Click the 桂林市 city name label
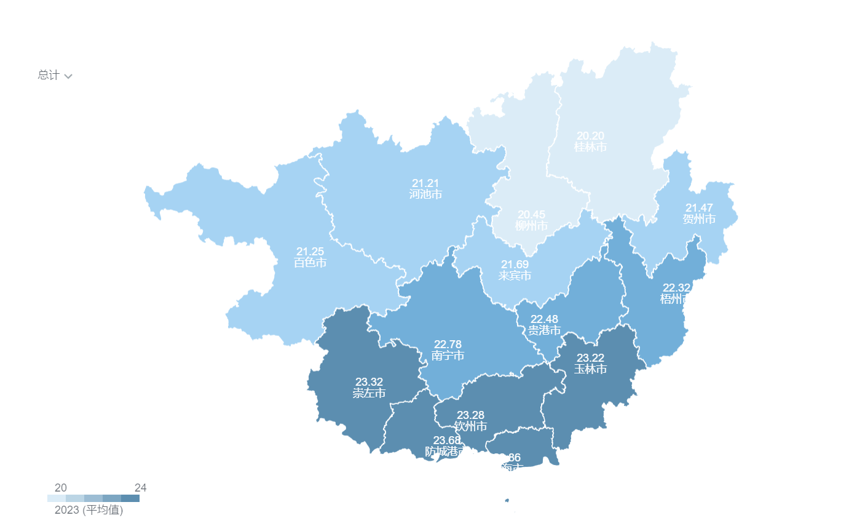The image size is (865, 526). pyautogui.click(x=590, y=147)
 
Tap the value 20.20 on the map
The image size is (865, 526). pyautogui.click(x=590, y=136)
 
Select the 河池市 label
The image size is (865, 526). pyautogui.click(x=425, y=194)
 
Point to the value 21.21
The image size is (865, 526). pyautogui.click(x=425, y=183)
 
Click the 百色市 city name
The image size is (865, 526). pyautogui.click(x=310, y=263)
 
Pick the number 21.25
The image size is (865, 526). pyautogui.click(x=310, y=252)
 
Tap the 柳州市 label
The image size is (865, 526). pyautogui.click(x=531, y=226)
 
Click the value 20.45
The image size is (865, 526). pyautogui.click(x=531, y=215)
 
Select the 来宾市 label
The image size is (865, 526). pyautogui.click(x=515, y=276)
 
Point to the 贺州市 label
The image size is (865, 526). pyautogui.click(x=699, y=219)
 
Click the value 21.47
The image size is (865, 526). pyautogui.click(x=699, y=208)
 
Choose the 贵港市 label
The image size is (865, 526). pyautogui.click(x=544, y=330)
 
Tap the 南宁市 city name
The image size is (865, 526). pyautogui.click(x=448, y=356)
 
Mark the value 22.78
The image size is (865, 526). pyautogui.click(x=448, y=345)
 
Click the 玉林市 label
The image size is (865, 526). pyautogui.click(x=590, y=369)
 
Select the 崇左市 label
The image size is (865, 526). pyautogui.click(x=369, y=393)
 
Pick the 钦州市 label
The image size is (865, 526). pyautogui.click(x=470, y=426)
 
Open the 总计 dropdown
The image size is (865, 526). pyautogui.click(x=55, y=76)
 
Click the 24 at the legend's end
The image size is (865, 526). pyautogui.click(x=140, y=488)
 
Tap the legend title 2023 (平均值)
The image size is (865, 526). pyautogui.click(x=89, y=510)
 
